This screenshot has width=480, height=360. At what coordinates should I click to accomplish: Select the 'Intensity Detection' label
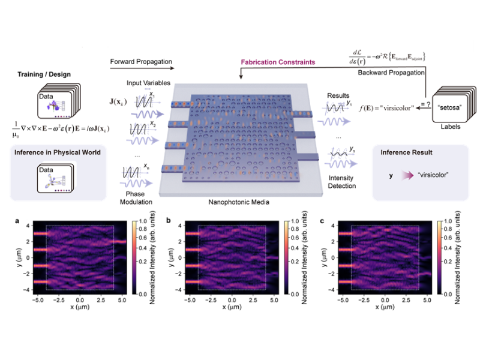(343, 182)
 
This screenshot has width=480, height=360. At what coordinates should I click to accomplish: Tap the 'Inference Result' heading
(403, 152)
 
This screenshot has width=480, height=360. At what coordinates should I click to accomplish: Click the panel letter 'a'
(17, 221)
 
